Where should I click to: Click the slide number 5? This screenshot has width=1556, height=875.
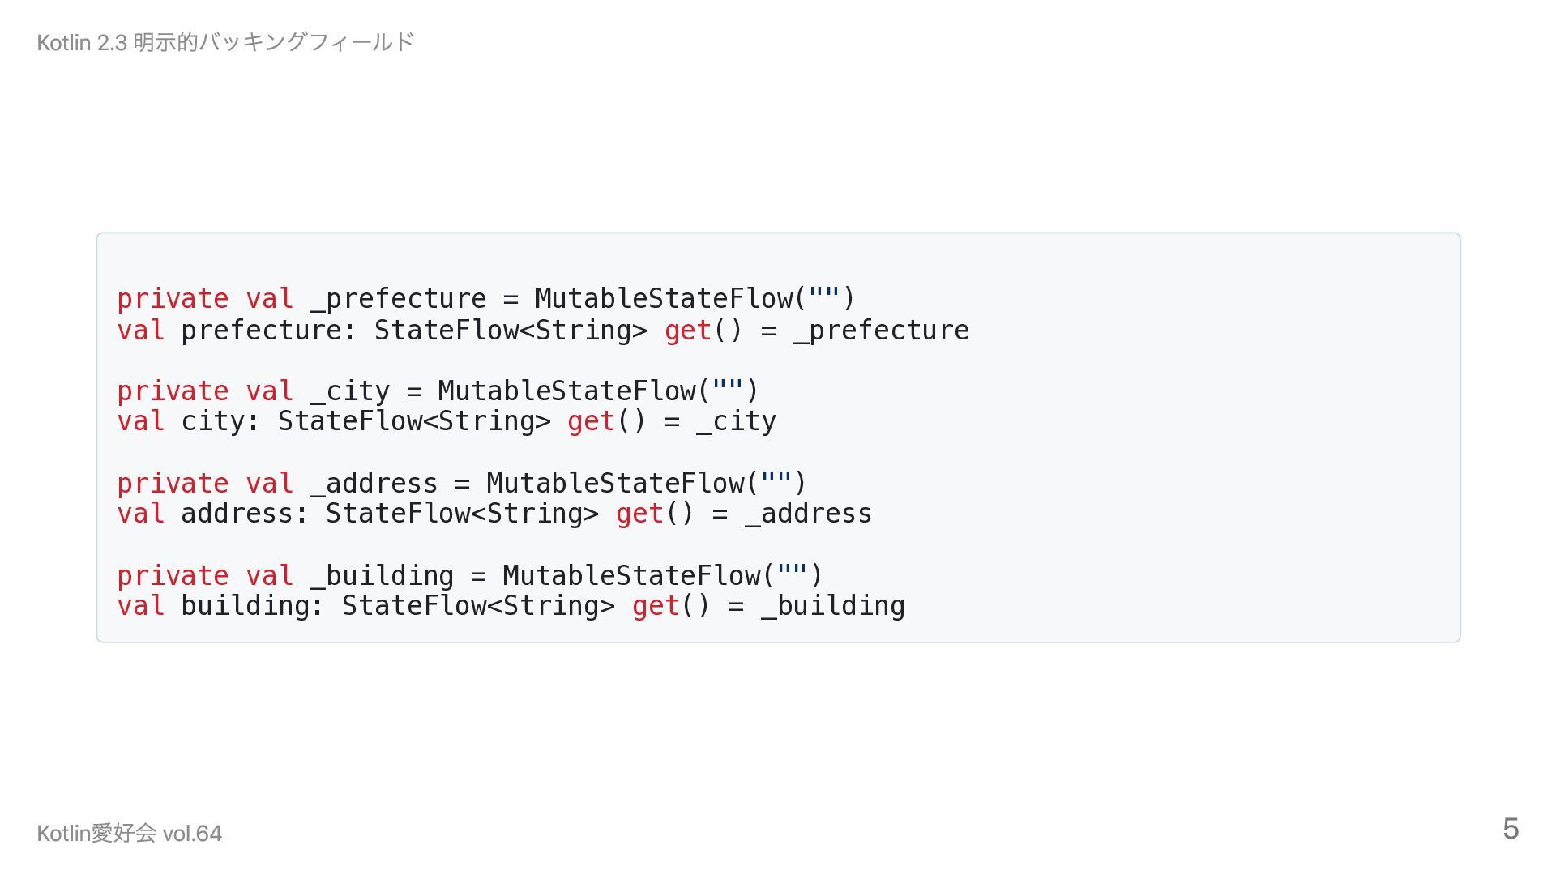[1510, 829]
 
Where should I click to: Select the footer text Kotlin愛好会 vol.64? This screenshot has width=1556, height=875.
[129, 833]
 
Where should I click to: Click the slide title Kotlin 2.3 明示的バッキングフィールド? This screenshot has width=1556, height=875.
[225, 42]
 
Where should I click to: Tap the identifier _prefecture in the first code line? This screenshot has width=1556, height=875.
[398, 299]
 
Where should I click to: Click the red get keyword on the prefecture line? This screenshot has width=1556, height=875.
[687, 331]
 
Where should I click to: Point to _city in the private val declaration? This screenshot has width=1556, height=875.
[349, 391]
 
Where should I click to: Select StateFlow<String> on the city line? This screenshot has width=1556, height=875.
[414, 421]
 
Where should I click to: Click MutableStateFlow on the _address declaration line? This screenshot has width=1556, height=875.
[615, 484]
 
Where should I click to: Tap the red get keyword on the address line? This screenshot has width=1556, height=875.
[639, 514]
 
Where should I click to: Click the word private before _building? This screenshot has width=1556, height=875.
[173, 576]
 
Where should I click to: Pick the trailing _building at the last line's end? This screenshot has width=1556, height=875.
[833, 606]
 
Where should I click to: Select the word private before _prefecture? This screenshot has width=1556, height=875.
[173, 299]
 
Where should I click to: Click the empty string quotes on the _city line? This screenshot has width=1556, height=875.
[727, 390]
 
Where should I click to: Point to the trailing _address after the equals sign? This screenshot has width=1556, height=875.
[809, 514]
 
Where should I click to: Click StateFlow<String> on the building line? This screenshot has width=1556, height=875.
[478, 606]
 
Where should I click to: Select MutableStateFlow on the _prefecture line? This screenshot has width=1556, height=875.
[664, 299]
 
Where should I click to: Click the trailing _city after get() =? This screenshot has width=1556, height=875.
[736, 421]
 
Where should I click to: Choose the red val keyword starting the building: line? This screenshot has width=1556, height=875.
[140, 606]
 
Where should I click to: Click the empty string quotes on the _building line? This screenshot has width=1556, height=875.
[792, 574]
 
